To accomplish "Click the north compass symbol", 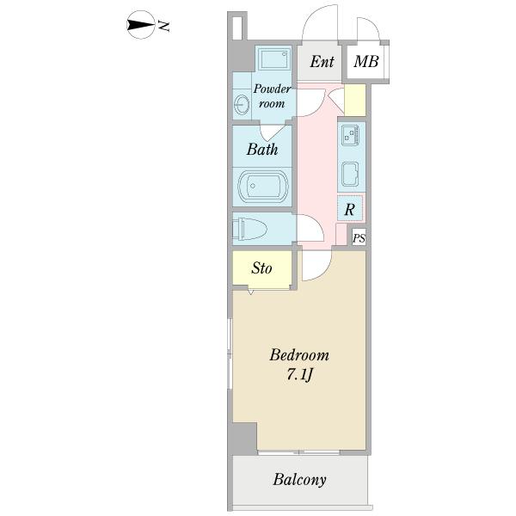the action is coord(141,25).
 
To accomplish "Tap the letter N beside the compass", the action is coord(163,26).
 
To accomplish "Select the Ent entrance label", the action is coord(322,61).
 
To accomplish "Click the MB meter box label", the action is coord(366,61).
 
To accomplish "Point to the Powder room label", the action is coord(272,95).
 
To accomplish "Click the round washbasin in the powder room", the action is coord(242,104).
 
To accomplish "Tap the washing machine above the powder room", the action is coord(275,58).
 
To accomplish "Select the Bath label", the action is coord(262,149).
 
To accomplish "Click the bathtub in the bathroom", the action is coord(263,186).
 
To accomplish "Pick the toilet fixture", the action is coord(249,228).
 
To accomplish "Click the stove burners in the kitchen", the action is coord(350,135).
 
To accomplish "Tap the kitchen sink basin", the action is coord(350,175).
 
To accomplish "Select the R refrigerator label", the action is coord(349,209).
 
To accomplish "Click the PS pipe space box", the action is coord(359,237).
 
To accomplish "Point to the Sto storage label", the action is coord(261,268).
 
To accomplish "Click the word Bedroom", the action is coord(299,355).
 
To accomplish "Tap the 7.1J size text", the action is coord(299,374).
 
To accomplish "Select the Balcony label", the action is coord(299,480).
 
